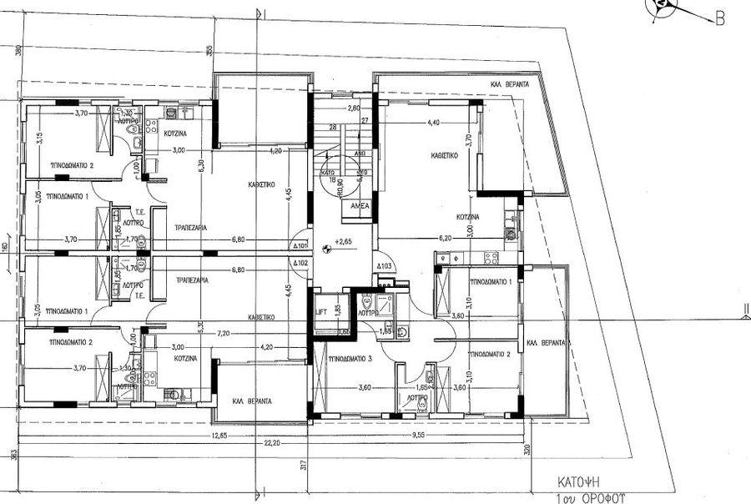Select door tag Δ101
pos(301,247)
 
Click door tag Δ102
pos(301,264)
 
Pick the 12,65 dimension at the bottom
pos(219,435)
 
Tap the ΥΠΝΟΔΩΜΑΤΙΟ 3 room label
pos(350,356)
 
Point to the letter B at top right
pos(718,19)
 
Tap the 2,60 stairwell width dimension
pos(353,108)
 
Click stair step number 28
pos(333,127)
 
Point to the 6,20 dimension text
pos(444,238)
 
